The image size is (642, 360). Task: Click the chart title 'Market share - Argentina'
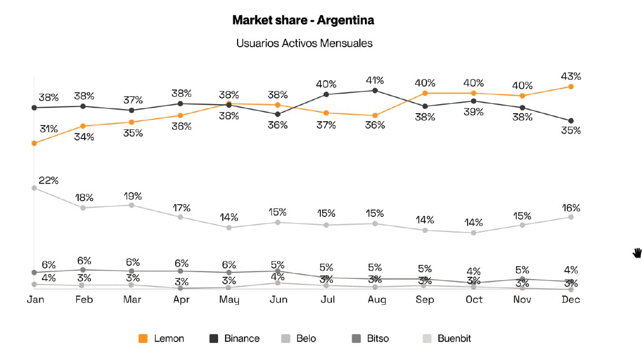coord(303,20)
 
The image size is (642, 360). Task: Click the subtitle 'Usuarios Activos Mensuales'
coord(304,43)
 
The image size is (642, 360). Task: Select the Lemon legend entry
coord(162,339)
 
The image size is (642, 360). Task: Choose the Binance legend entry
coord(235,339)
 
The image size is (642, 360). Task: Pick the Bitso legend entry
coord(370,339)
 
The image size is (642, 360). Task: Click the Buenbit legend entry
coord(447,339)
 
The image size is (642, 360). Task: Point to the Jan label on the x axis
coord(35,300)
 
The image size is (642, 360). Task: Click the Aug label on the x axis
coord(376,300)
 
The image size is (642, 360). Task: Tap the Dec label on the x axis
coord(571,300)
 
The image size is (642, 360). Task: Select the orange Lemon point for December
coord(571,87)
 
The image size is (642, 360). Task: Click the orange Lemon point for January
coord(34,143)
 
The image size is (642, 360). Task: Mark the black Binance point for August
coord(375,90)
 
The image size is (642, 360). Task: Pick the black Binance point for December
coord(571,121)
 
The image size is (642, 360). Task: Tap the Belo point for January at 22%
coord(34,188)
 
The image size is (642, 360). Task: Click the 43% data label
coord(571,76)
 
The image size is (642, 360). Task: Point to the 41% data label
coord(374,80)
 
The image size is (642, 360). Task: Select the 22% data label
coord(49,181)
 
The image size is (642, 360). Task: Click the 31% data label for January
coord(49,129)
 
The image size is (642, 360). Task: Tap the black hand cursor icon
coord(637,253)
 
